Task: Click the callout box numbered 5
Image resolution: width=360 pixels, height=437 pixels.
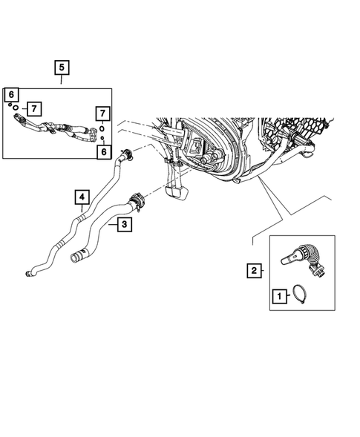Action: [62, 68]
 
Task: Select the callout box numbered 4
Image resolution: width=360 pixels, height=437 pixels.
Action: [82, 197]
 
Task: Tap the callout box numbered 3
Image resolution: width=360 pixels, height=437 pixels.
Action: [125, 224]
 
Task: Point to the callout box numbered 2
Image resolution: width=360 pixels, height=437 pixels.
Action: [254, 271]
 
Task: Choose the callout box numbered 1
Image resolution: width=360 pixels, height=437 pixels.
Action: [280, 297]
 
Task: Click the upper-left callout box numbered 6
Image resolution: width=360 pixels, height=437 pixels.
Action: [12, 94]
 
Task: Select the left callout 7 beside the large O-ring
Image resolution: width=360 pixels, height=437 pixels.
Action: [33, 108]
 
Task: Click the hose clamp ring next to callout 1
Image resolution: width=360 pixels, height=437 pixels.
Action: [304, 295]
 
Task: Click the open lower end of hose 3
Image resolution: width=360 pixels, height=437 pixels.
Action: [75, 258]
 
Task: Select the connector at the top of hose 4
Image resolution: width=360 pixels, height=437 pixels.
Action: [130, 155]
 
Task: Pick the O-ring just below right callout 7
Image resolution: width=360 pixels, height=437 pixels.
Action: [101, 128]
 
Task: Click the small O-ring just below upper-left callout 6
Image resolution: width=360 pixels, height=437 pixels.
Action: [10, 105]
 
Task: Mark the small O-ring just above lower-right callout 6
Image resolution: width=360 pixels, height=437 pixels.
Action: [102, 139]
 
